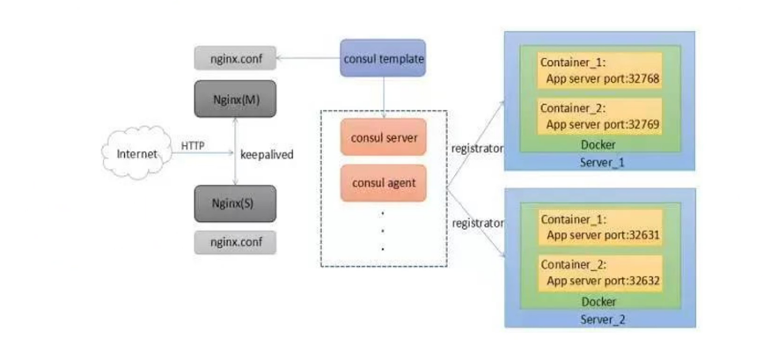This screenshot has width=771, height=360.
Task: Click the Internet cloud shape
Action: pos(136,154)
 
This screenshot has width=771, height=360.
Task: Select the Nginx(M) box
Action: pos(235,100)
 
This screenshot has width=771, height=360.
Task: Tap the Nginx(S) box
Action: pos(235,203)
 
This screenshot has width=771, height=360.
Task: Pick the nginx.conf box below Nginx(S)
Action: pos(235,240)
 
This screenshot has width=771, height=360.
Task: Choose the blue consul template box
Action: pos(383,59)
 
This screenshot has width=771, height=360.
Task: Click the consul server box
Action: pos(383,139)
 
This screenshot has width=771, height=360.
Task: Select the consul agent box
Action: pos(383,184)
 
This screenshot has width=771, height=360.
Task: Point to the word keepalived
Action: pos(268,154)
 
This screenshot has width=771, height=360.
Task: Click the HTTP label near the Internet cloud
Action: pos(194,145)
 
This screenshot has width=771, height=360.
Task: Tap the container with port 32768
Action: pos(598,70)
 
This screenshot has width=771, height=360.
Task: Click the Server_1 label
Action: pos(599,163)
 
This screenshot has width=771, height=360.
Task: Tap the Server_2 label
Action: pos(599,318)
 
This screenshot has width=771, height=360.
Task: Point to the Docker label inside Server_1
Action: pos(598,145)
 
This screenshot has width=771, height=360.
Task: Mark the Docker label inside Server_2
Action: pos(598,302)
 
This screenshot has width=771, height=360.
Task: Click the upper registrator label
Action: pos(477,149)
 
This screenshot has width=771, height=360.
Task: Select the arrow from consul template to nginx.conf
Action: pos(308,60)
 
